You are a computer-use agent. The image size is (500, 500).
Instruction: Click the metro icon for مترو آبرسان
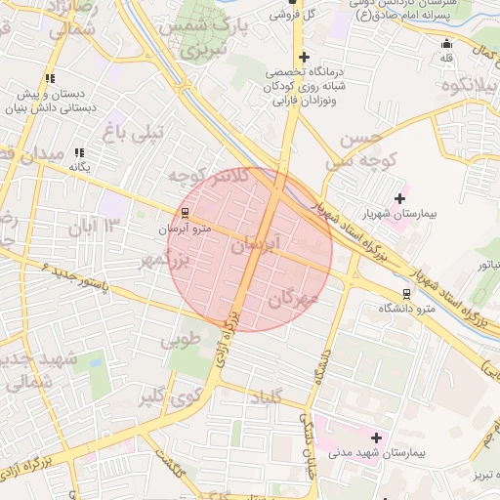point(186,213)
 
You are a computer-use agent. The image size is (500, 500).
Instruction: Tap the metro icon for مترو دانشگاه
point(406,293)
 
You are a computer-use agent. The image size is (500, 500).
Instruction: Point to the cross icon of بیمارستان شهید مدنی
point(376,437)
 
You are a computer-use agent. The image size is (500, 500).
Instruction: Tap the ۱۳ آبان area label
point(93,229)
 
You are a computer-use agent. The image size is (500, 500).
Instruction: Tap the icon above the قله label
point(447,43)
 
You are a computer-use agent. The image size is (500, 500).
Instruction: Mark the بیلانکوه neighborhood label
point(469,87)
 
